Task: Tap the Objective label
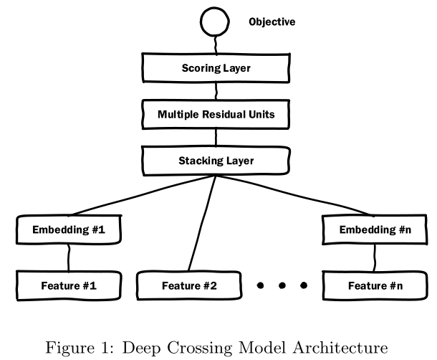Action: [272, 22]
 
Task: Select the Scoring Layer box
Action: [216, 69]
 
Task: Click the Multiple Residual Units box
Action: [216, 114]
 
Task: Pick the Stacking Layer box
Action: [216, 160]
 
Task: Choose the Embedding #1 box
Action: [69, 230]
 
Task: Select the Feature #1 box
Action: [69, 285]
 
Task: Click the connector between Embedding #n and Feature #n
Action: [373, 257]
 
